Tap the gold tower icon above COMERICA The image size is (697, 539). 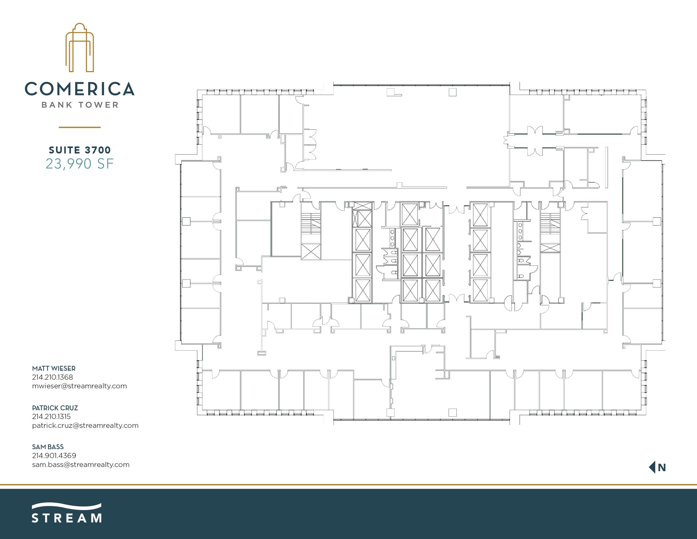tap(80, 48)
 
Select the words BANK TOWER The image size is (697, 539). tap(80, 105)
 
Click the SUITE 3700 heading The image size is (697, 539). tap(80, 150)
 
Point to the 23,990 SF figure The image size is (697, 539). tap(80, 164)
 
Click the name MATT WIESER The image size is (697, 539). tap(54, 368)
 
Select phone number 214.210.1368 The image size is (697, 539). tap(52, 377)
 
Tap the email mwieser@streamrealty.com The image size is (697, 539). tap(79, 386)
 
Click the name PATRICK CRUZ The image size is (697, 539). tap(55, 408)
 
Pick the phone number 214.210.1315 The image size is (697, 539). tap(51, 416)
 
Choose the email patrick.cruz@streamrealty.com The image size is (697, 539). tap(85, 425)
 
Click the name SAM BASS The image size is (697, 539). tap(48, 447)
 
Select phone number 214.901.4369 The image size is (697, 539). tap(54, 455)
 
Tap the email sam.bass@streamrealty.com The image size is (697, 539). tap(81, 464)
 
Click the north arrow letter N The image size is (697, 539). tap(662, 467)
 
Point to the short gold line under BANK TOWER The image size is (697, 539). tap(80, 127)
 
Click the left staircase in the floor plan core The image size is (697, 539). tap(311, 223)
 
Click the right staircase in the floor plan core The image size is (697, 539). tap(550, 223)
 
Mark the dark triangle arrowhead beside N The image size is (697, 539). tap(652, 467)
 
